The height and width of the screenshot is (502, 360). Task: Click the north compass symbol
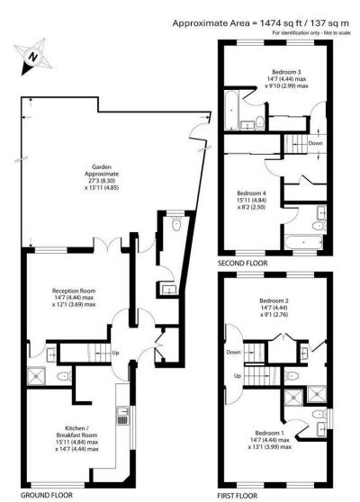31,58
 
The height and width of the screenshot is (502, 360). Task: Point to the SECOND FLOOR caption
242,264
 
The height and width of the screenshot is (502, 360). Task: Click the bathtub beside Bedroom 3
232,112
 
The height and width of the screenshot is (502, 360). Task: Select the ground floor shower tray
39,377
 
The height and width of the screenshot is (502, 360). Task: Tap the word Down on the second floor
314,143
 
